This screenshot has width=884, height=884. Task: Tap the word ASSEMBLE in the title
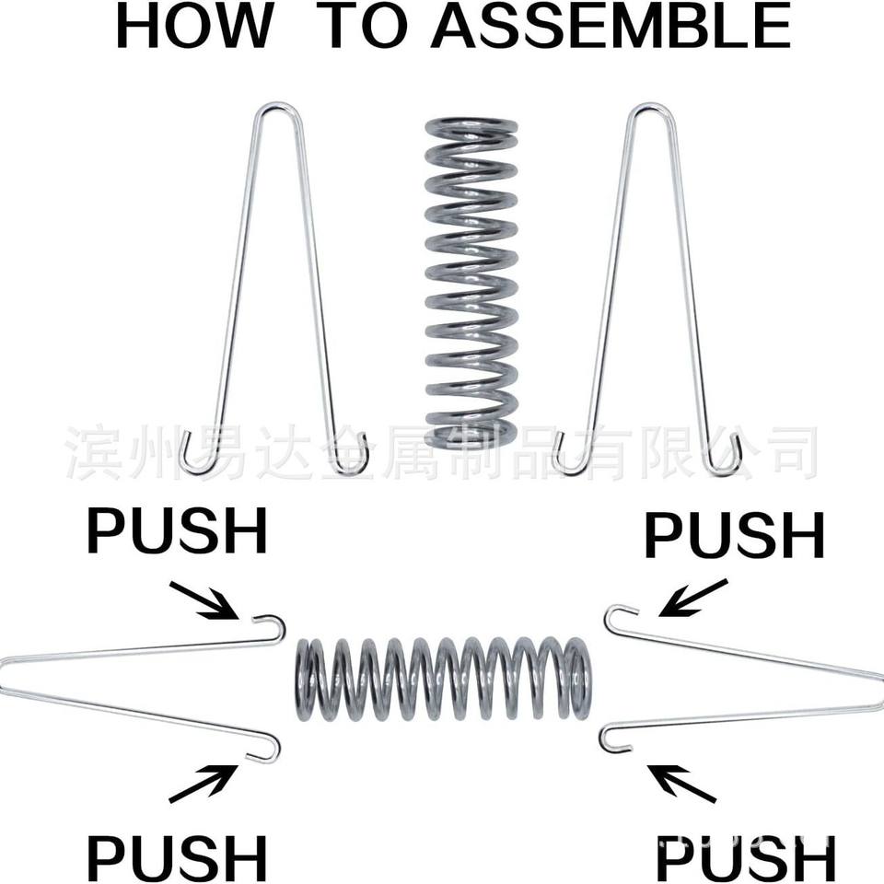click(x=611, y=28)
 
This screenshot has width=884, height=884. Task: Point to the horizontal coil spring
click(x=443, y=679)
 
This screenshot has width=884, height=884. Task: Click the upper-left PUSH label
click(x=178, y=532)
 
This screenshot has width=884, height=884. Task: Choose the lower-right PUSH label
click(x=745, y=858)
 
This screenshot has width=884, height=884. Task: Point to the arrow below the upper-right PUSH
click(x=692, y=598)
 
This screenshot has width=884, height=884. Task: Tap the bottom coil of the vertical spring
click(x=471, y=433)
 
